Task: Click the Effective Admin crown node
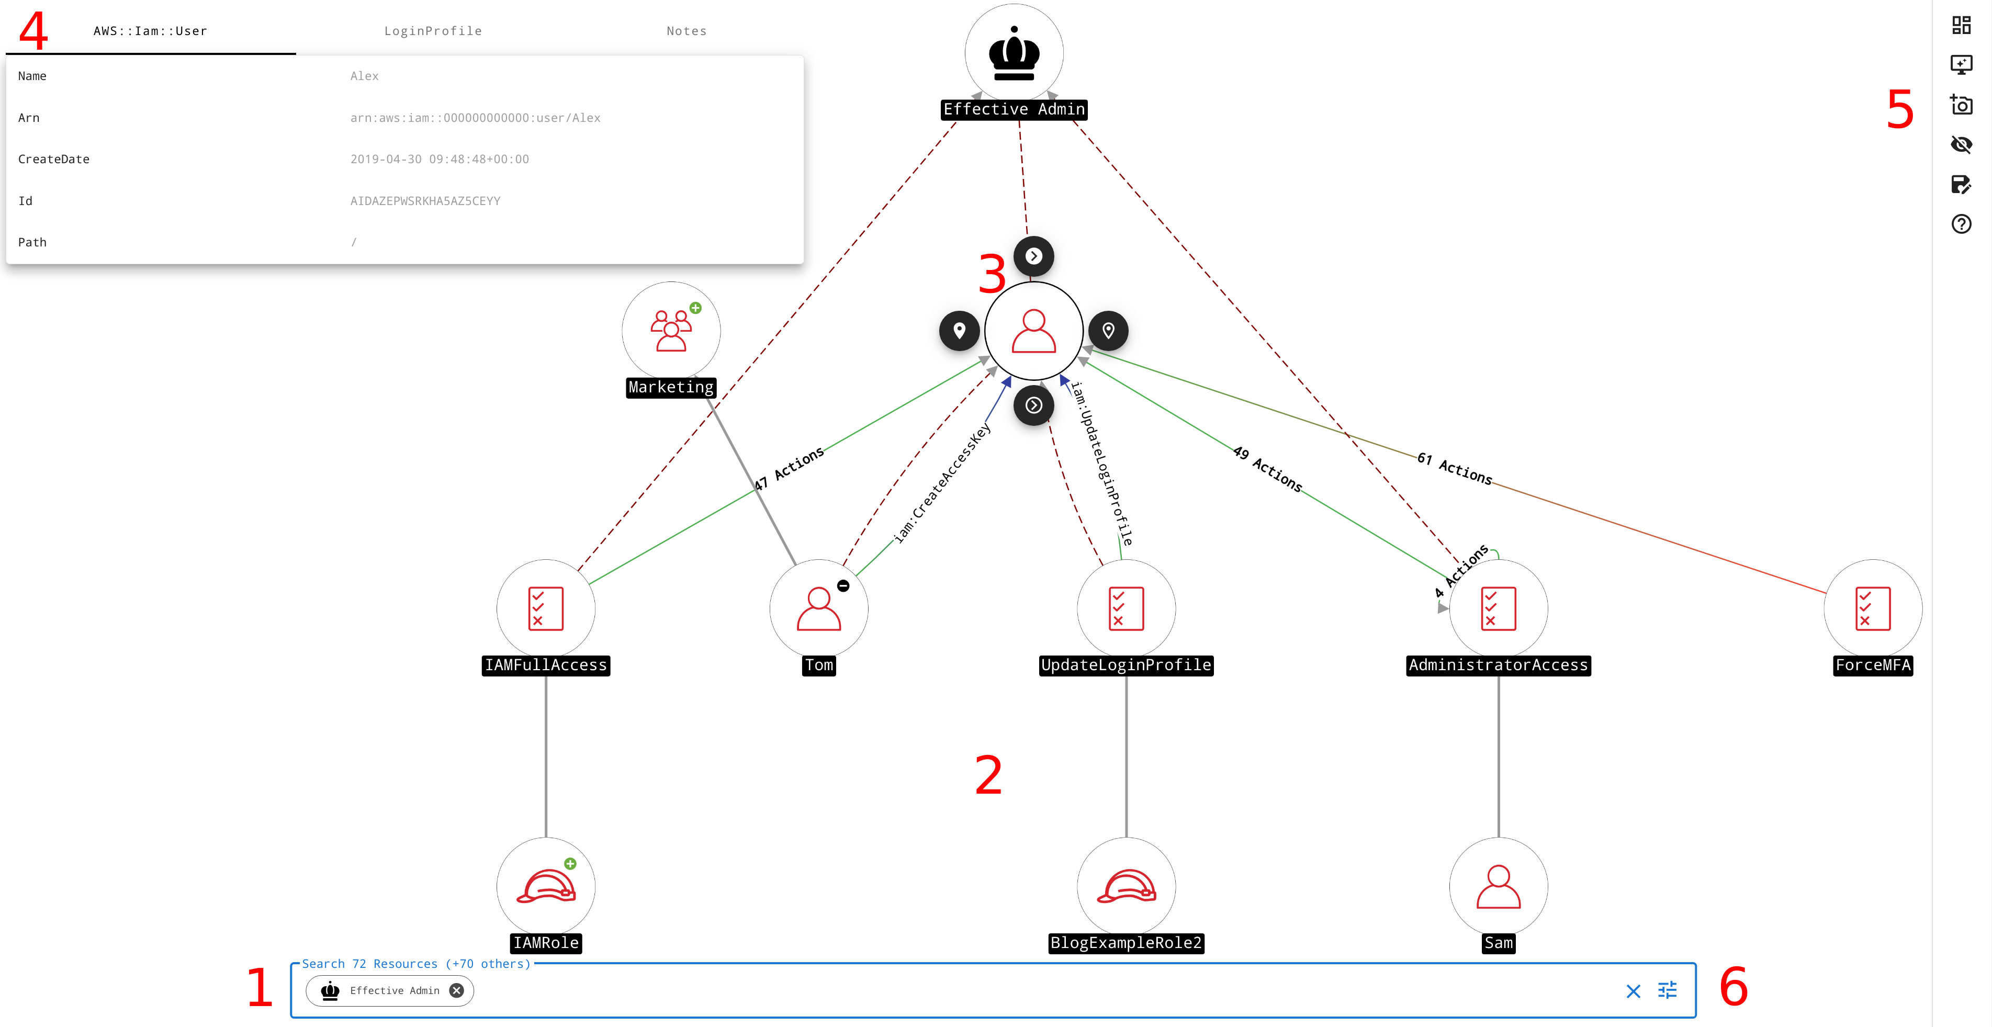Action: (1014, 53)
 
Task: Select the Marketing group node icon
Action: (670, 330)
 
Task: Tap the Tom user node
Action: (818, 608)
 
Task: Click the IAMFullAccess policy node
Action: (545, 608)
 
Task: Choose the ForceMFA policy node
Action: (1872, 608)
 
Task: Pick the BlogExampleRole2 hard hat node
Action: (1126, 886)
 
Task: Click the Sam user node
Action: (1498, 886)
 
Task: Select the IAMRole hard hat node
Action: (545, 886)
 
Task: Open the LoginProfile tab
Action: (433, 31)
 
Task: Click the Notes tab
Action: (686, 31)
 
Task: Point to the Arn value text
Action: (475, 118)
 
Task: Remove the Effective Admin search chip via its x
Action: (457, 991)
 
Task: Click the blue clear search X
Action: (1633, 991)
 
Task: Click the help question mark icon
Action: (1961, 224)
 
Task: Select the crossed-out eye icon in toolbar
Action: (1961, 144)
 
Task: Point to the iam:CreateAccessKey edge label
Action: (942, 483)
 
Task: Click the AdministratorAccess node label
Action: (1498, 665)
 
